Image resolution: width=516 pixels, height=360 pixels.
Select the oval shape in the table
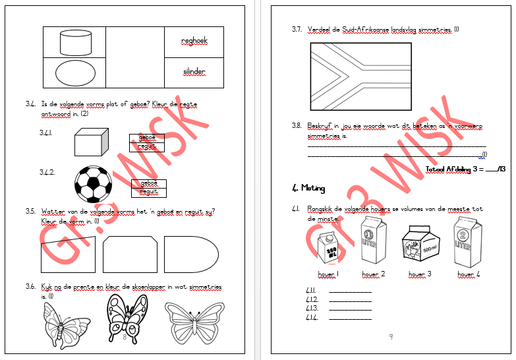coord(74,73)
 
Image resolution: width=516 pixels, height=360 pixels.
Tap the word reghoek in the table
coord(194,41)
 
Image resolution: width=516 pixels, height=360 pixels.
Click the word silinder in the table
coord(194,71)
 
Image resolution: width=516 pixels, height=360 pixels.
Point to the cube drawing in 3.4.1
coord(90,142)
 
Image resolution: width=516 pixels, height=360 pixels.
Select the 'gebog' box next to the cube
coord(146,138)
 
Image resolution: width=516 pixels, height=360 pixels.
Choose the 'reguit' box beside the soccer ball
coord(148,193)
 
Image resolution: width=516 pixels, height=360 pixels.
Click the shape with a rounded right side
coord(190,254)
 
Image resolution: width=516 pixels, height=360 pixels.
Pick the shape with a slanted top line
coord(67,255)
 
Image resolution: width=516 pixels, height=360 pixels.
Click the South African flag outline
coord(360,76)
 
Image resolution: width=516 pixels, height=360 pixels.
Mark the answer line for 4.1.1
coord(349,291)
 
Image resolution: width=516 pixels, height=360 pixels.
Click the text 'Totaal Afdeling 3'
coord(453,169)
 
